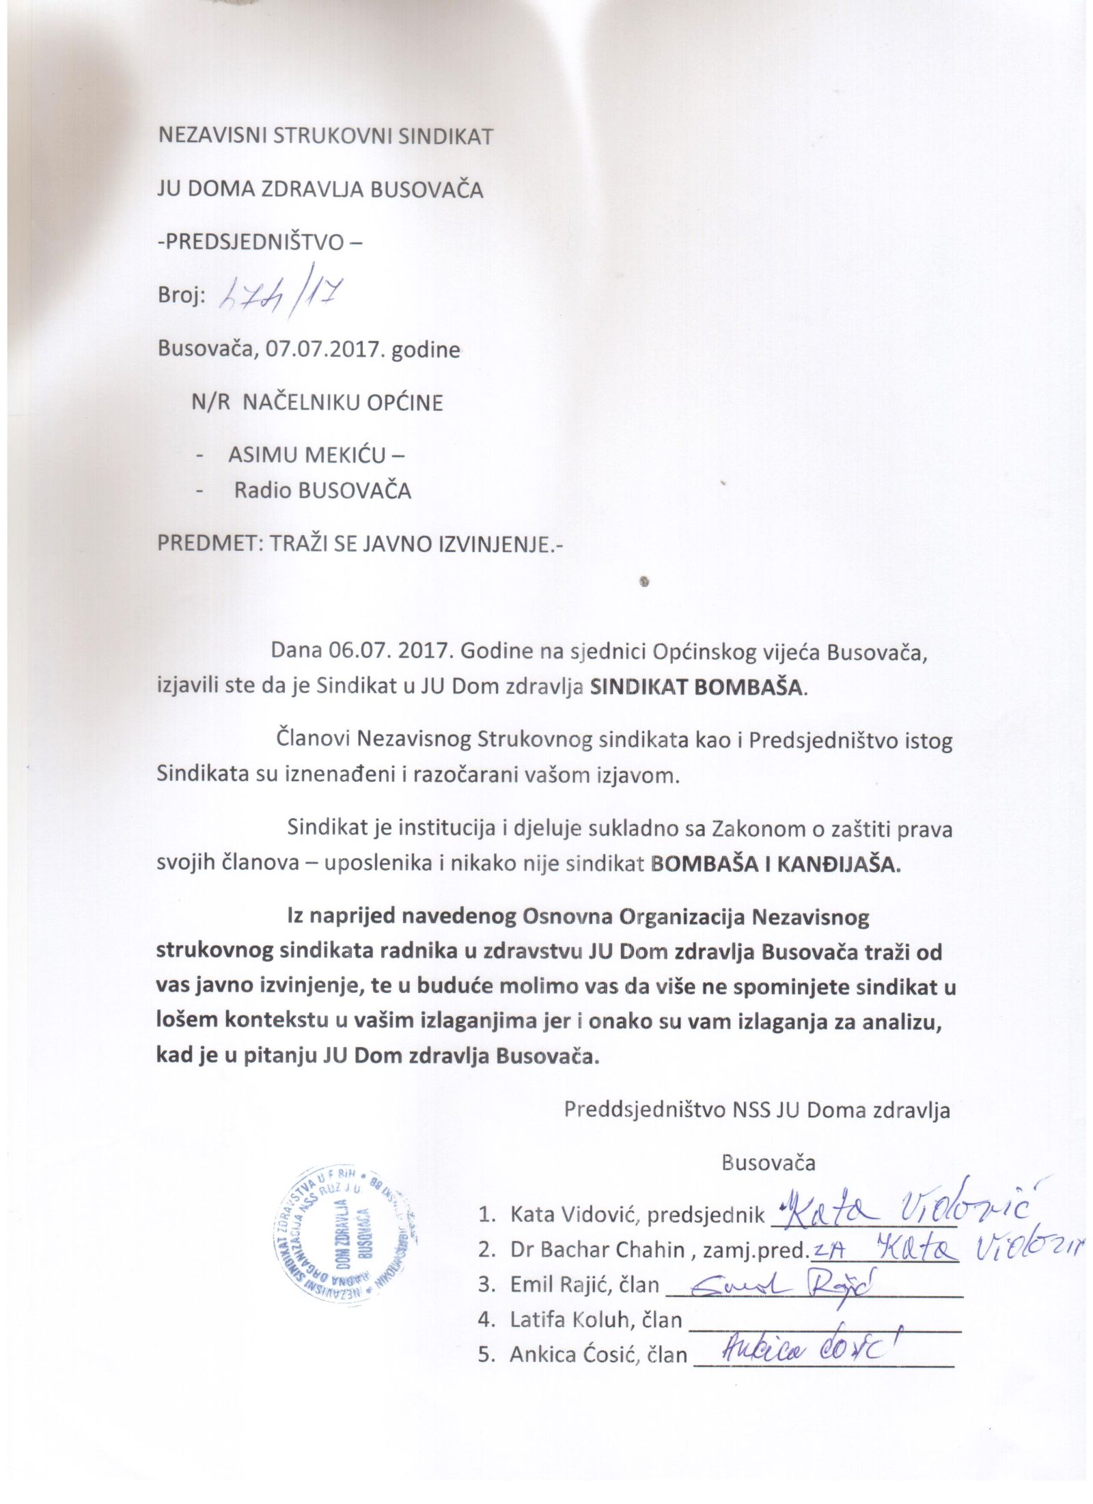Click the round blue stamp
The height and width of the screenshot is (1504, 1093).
[x=346, y=1232]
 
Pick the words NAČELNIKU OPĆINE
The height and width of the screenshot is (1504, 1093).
[x=343, y=402]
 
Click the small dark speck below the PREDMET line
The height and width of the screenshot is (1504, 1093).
[x=643, y=582]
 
